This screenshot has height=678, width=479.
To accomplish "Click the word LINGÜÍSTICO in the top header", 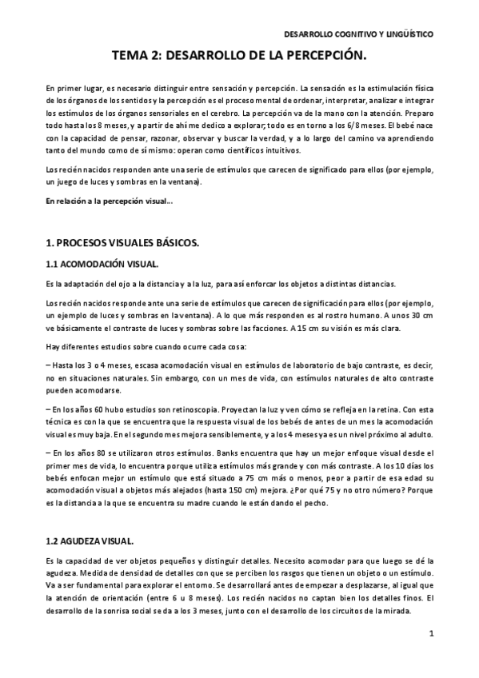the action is tap(409, 34).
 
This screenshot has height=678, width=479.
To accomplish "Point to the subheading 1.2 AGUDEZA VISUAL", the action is tap(90, 541).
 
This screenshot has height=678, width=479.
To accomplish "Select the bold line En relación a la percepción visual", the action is tap(109, 202).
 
